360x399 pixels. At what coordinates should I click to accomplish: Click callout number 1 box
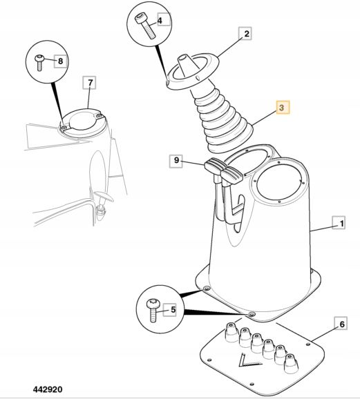coord(339,223)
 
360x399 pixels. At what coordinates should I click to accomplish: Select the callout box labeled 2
coord(245,33)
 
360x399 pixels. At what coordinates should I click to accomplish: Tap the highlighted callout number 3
coord(283,108)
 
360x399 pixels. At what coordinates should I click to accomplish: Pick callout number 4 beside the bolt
coord(163,20)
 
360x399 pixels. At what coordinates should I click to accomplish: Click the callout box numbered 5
coord(170,310)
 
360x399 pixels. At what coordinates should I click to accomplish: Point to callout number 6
coord(341,324)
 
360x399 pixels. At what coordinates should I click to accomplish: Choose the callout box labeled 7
coord(90,82)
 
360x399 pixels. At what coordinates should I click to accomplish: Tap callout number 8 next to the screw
coord(60,61)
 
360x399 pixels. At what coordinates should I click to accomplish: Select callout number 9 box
coord(176,161)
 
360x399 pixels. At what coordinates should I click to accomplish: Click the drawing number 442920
coord(48,389)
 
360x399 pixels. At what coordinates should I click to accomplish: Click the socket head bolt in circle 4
coord(146,26)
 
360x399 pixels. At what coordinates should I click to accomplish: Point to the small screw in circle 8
coord(39,63)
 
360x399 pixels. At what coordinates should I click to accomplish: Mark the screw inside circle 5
coord(153,310)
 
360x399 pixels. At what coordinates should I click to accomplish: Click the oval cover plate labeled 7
coord(82,123)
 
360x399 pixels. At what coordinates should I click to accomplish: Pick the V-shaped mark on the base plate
coord(248,360)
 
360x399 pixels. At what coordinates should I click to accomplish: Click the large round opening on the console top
coord(278,181)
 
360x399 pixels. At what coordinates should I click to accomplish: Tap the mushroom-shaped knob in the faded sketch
coord(104,197)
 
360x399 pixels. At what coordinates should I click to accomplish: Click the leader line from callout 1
coord(321,228)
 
